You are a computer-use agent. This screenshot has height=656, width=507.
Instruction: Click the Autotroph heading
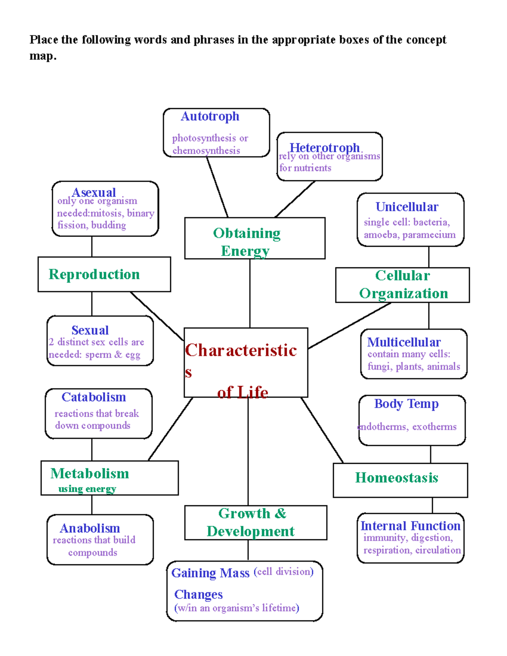pyautogui.click(x=210, y=117)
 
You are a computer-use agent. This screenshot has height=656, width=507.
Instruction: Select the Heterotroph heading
pyautogui.click(x=324, y=147)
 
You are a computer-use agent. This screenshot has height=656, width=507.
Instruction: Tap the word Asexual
pyautogui.click(x=94, y=192)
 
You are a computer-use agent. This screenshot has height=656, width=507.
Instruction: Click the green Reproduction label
pyautogui.click(x=94, y=274)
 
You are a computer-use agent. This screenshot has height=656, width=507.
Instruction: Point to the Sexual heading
pyautogui.click(x=90, y=330)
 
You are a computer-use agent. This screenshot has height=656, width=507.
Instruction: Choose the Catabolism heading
pyautogui.click(x=94, y=397)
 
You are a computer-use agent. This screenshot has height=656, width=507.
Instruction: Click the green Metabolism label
pyautogui.click(x=90, y=474)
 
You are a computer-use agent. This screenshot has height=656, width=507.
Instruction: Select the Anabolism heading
pyautogui.click(x=90, y=528)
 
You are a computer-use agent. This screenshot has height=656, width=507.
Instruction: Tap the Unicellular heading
pyautogui.click(x=407, y=207)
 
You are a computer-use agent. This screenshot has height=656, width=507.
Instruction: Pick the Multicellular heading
pyautogui.click(x=404, y=342)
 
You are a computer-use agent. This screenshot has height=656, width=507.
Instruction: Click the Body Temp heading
pyautogui.click(x=406, y=404)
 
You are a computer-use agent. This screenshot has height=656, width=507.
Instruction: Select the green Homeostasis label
pyautogui.click(x=397, y=478)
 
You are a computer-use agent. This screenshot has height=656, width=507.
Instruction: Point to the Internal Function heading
pyautogui.click(x=410, y=526)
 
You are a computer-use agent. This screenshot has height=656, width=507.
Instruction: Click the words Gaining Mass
pyautogui.click(x=210, y=573)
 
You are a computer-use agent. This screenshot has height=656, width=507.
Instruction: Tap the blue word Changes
pyautogui.click(x=199, y=594)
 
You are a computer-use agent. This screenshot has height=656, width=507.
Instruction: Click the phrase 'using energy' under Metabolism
pyautogui.click(x=87, y=489)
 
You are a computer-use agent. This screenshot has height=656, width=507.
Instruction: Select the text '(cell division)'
pyautogui.click(x=283, y=572)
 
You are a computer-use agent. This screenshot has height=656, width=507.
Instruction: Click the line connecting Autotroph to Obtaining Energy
pyautogui.click(x=217, y=187)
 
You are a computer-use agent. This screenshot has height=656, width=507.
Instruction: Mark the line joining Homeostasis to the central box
pyautogui.click(x=322, y=430)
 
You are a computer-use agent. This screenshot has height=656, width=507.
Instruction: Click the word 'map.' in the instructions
pyautogui.click(x=43, y=56)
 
